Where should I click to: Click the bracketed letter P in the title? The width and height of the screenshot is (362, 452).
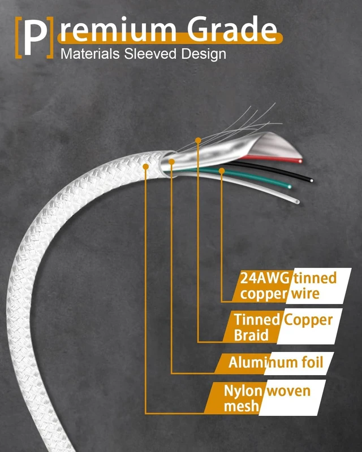pos(34,37)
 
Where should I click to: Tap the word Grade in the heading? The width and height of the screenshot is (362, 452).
pos(232,29)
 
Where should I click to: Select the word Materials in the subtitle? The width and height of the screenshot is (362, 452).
pos(90,54)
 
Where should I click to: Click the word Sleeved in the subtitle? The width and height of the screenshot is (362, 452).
pos(150,54)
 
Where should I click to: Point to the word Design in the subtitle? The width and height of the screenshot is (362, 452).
pos(204,54)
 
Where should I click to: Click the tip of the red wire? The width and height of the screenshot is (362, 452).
pos(300,161)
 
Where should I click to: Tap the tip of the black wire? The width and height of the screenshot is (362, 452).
pos(311,181)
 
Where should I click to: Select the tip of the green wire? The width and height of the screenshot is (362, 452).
pos(289,187)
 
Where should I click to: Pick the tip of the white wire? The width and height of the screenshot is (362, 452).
pos(298,202)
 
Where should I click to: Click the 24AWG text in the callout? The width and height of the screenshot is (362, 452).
pos(264,278)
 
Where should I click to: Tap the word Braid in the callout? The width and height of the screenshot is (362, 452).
pos(251,335)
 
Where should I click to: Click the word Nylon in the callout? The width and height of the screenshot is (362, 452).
pos(243,392)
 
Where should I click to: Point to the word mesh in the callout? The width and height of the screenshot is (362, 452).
pos(242,406)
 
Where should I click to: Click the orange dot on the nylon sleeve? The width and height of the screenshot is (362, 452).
pos(146,166)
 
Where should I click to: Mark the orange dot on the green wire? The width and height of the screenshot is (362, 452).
pos(222,171)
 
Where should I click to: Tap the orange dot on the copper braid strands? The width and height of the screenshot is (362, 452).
pos(198,140)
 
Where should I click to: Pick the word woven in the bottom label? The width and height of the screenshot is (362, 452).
pos(288,392)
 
